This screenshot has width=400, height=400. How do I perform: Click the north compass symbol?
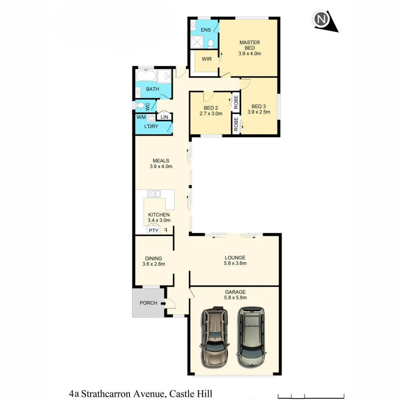click(x=321, y=20)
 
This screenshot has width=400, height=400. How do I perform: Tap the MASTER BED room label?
click(x=250, y=45)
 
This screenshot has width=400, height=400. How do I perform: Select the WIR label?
click(x=207, y=59)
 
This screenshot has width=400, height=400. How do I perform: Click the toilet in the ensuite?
click(x=210, y=44)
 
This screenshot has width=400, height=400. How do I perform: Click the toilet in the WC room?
click(x=140, y=106)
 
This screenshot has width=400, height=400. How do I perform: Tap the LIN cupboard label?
click(x=164, y=117)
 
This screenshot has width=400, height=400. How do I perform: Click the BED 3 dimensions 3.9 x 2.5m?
click(x=259, y=112)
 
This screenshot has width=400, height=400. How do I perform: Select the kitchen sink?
click(x=153, y=193)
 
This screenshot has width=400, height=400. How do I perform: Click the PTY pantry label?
click(x=153, y=231)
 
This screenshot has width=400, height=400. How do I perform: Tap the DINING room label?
click(x=153, y=259)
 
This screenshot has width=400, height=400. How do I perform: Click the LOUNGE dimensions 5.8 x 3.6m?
click(x=235, y=263)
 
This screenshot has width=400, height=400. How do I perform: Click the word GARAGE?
click(x=235, y=292)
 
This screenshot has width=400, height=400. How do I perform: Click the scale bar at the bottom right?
click(x=311, y=395)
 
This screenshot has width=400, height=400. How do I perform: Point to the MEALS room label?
click(x=161, y=161)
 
